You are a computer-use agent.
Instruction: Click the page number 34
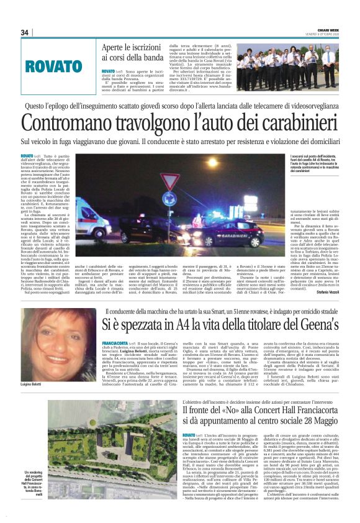25,32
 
